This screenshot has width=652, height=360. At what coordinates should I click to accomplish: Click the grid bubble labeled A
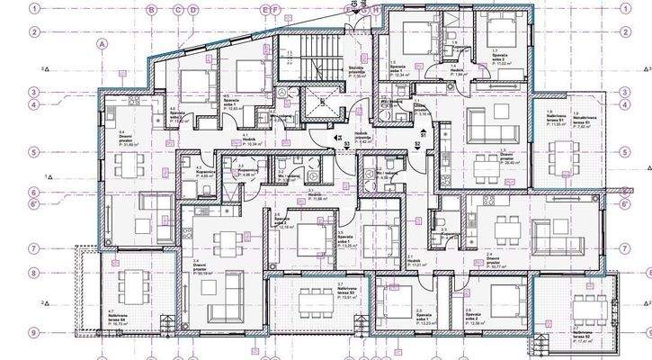pos(103,42)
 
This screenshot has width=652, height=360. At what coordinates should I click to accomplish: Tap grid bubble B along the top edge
pos(152,10)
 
